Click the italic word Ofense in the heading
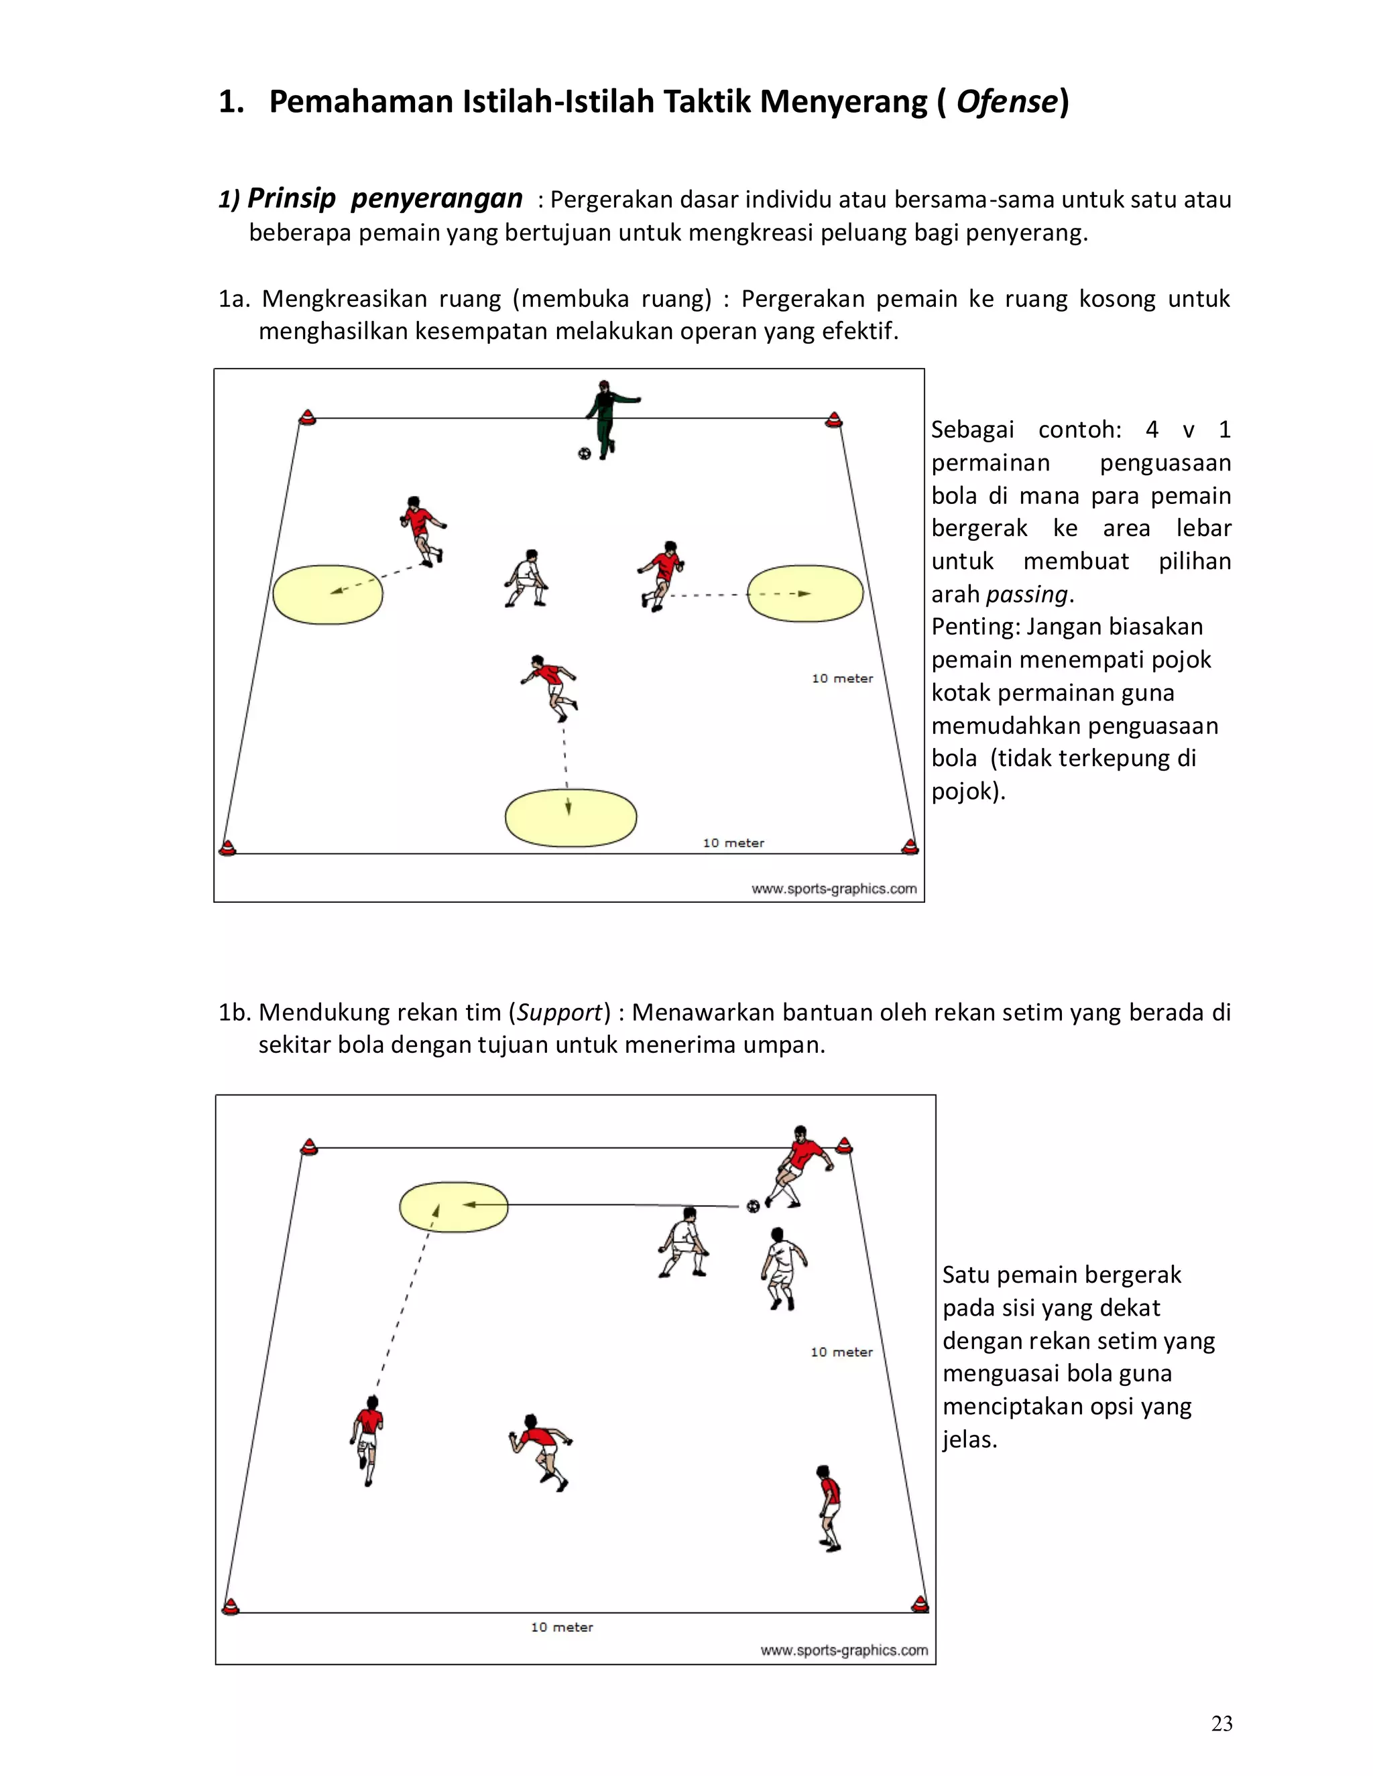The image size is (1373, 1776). pyautogui.click(x=1007, y=102)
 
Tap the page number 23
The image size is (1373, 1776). pyautogui.click(x=1221, y=1723)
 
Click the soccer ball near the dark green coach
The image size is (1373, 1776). pyautogui.click(x=584, y=453)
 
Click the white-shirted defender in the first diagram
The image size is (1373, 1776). pyautogui.click(x=526, y=578)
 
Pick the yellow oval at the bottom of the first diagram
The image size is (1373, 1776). pyautogui.click(x=571, y=816)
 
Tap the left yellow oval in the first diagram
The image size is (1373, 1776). pyautogui.click(x=328, y=594)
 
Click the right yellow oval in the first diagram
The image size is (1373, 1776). pyautogui.click(x=805, y=593)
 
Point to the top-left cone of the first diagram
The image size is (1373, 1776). pyautogui.click(x=306, y=418)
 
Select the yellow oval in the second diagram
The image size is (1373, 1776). pyautogui.click(x=453, y=1207)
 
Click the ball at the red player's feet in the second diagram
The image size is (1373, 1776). pyautogui.click(x=753, y=1205)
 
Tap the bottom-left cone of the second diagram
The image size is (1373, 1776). pyautogui.click(x=231, y=1606)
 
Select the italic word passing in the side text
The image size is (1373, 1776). pyautogui.click(x=1026, y=594)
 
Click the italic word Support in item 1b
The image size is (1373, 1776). pyautogui.click(x=560, y=1013)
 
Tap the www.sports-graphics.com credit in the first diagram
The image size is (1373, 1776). pyautogui.click(x=834, y=889)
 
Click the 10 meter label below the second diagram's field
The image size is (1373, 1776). pyautogui.click(x=562, y=1627)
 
